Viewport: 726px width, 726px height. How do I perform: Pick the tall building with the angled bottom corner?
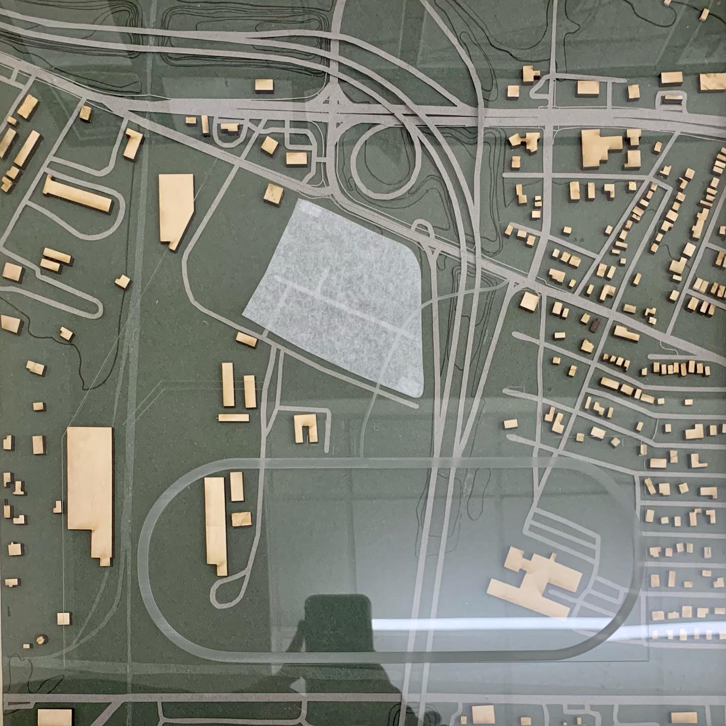(x=176, y=209)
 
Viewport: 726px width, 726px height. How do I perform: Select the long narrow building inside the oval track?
(x=215, y=524)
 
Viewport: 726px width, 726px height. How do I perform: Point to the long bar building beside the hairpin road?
(x=77, y=194)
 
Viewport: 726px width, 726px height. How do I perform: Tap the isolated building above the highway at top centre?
(x=264, y=86)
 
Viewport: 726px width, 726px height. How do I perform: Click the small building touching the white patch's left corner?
(x=247, y=339)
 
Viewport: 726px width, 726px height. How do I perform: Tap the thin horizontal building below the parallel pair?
(x=234, y=418)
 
